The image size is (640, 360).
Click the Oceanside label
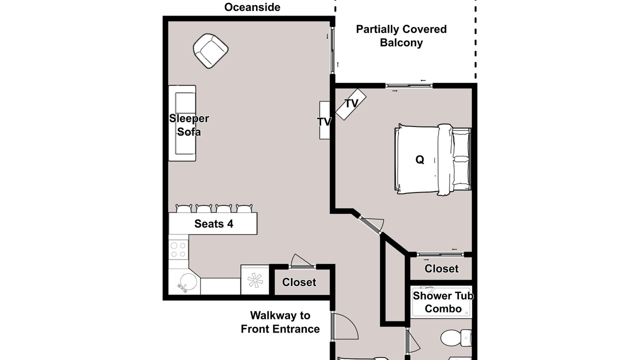[252, 7]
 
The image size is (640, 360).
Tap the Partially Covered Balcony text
[401, 36]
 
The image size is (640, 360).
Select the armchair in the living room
[210, 51]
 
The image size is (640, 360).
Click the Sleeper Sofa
[182, 123]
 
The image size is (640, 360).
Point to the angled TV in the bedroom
[350, 104]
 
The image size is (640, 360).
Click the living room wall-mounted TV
[324, 120]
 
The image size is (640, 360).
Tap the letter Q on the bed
[419, 159]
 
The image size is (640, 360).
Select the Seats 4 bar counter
[213, 223]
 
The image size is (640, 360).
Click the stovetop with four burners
[178, 249]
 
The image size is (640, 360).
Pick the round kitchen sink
[187, 283]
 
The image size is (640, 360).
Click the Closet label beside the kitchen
[299, 282]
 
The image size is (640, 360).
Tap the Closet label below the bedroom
[441, 268]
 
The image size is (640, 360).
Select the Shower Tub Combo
[441, 302]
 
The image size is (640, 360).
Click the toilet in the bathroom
[456, 337]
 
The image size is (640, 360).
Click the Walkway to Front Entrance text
[280, 322]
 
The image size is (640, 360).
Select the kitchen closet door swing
[302, 261]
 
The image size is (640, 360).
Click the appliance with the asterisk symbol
[255, 279]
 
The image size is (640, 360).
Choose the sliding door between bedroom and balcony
[408, 85]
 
